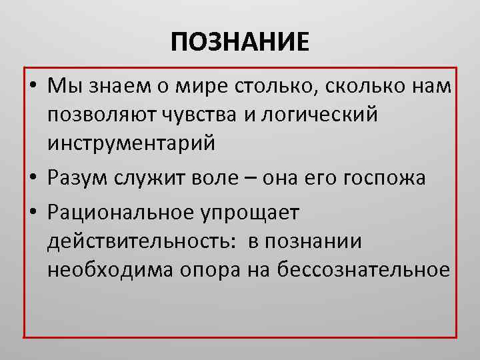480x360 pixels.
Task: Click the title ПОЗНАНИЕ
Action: [240, 43]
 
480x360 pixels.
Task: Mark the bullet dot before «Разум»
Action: [33, 179]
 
